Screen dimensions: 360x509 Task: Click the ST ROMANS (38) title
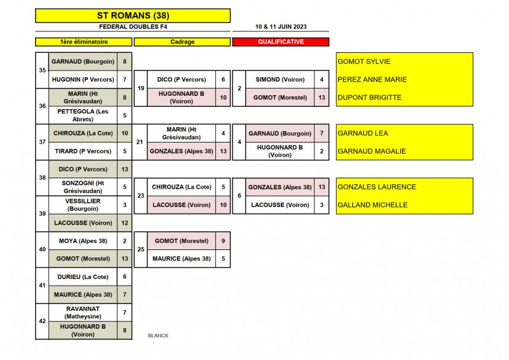point(133,15)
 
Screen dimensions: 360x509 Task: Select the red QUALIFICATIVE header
point(280,42)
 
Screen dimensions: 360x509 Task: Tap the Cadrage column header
point(182,42)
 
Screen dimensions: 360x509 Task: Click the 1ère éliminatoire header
point(84,42)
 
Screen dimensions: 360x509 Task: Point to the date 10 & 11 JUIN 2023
point(281,27)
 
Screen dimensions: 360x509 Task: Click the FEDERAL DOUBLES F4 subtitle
point(133,27)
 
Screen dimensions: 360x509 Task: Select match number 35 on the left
point(42,70)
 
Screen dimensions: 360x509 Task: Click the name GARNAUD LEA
point(363,133)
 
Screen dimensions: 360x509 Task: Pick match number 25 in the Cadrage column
point(141,249)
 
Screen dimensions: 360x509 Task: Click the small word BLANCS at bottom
point(158,335)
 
